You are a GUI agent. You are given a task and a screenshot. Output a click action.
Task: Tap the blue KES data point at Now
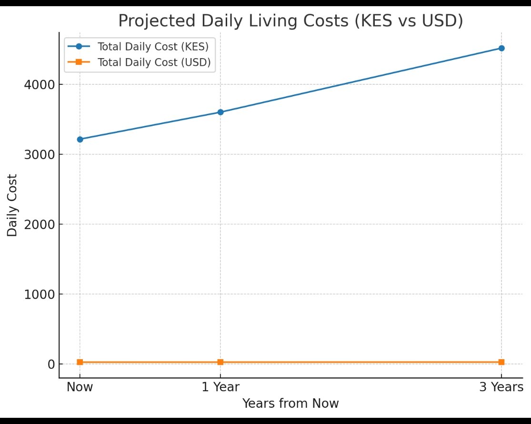80,139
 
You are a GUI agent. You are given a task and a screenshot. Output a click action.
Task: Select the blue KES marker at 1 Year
220,112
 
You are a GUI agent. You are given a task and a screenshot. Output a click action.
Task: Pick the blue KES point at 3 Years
501,48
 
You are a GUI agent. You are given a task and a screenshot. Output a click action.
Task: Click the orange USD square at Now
80,362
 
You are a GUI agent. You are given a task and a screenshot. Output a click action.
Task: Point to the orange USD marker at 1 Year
220,362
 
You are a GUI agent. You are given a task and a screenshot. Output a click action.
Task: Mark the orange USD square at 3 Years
501,362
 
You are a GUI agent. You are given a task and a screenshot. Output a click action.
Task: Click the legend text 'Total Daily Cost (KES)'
153,47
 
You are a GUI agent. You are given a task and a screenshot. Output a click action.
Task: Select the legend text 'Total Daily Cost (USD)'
153,62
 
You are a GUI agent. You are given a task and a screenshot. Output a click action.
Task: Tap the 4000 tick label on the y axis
39,85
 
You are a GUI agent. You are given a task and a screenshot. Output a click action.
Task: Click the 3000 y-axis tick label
39,155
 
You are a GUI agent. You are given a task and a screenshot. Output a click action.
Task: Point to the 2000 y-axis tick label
39,224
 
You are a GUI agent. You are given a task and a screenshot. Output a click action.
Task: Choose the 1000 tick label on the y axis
39,294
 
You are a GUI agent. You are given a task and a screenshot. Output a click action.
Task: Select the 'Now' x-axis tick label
80,387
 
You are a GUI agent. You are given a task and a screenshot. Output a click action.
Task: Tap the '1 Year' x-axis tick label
220,387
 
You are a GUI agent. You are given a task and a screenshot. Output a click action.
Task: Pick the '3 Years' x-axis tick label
501,387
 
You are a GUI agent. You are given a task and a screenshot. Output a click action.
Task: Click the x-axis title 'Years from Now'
291,404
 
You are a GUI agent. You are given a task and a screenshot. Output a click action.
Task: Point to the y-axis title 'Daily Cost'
13,205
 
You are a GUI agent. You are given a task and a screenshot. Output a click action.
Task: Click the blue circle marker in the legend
79,47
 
